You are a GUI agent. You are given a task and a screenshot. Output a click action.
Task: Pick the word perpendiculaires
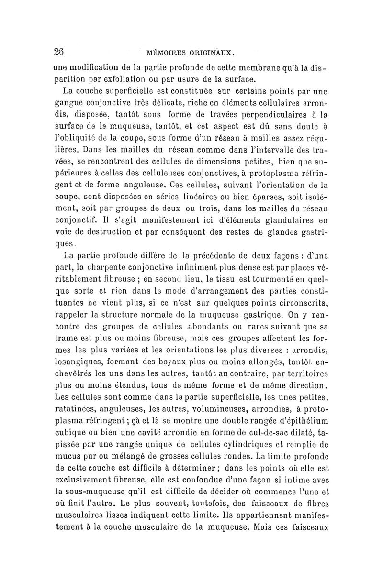(x=272, y=114)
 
